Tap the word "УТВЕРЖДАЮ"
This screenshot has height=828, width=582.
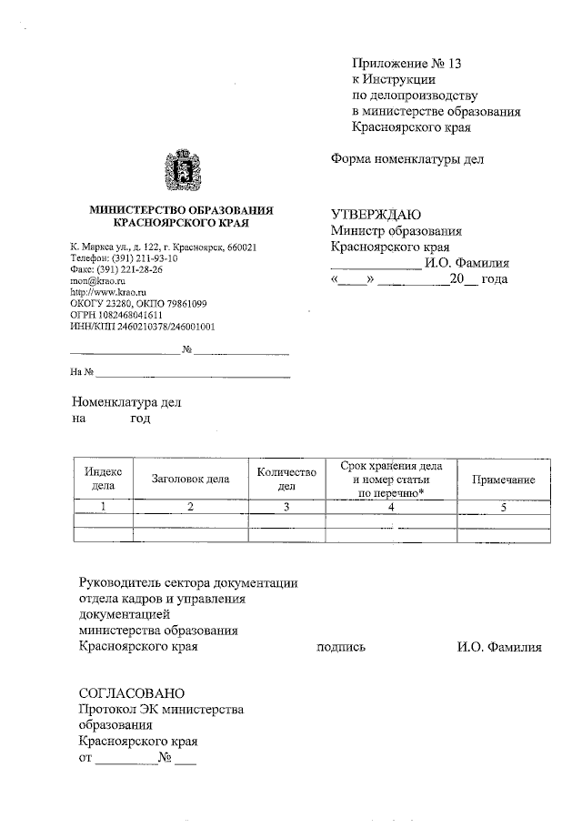(375, 215)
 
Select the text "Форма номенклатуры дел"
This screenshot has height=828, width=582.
(406, 159)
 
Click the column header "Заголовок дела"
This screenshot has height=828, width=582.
(190, 479)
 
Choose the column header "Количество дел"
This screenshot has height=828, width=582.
(286, 479)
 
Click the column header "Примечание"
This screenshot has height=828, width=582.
(503, 480)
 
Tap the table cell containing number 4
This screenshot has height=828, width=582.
(390, 507)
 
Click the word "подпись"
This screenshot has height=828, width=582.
(340, 648)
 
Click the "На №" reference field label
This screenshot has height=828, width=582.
(82, 371)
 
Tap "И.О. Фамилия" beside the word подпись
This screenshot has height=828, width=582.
(499, 648)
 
